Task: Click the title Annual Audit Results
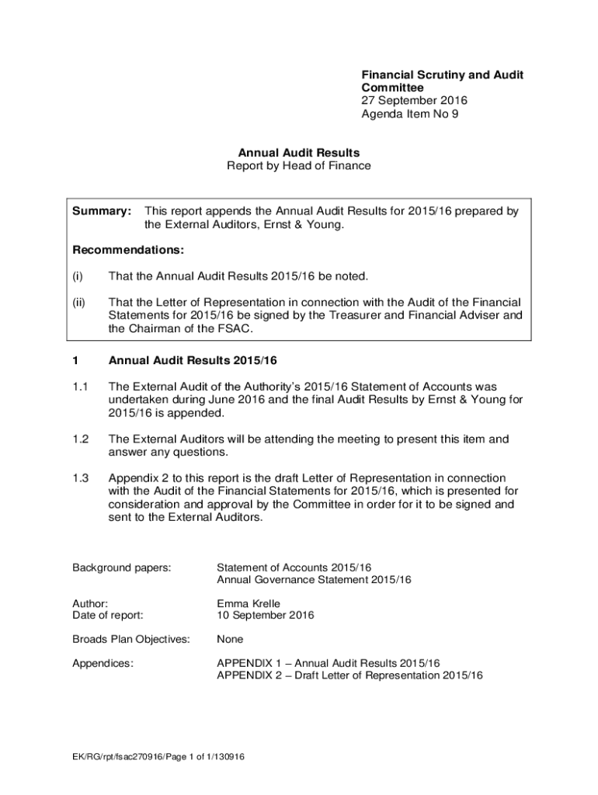298,153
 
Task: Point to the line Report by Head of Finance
298,165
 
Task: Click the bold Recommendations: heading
128,250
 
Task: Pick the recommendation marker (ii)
78,302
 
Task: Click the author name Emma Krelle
249,602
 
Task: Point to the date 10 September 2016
265,615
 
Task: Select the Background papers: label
121,568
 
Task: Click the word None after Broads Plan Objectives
230,639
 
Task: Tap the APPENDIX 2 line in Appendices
349,675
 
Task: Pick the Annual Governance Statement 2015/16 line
314,580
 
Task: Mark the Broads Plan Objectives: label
131,639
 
